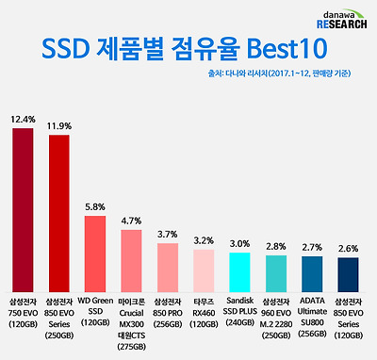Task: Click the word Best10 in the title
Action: (x=281, y=49)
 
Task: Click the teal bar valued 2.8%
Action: (x=276, y=272)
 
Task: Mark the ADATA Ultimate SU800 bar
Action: (x=311, y=273)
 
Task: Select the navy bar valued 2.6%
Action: (x=348, y=273)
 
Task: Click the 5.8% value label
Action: (x=95, y=206)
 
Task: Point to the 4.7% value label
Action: (x=131, y=221)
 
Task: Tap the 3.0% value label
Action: (x=239, y=243)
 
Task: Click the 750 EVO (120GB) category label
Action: (x=23, y=317)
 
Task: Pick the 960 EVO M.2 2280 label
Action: (x=276, y=317)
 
